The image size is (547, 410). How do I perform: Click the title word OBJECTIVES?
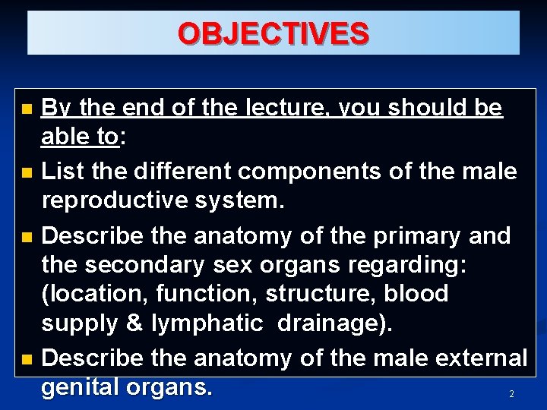pos(273,34)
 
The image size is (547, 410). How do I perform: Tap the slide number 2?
pos(511,394)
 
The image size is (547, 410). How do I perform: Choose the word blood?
pos(416,294)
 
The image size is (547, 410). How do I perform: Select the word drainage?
pos(334,323)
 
